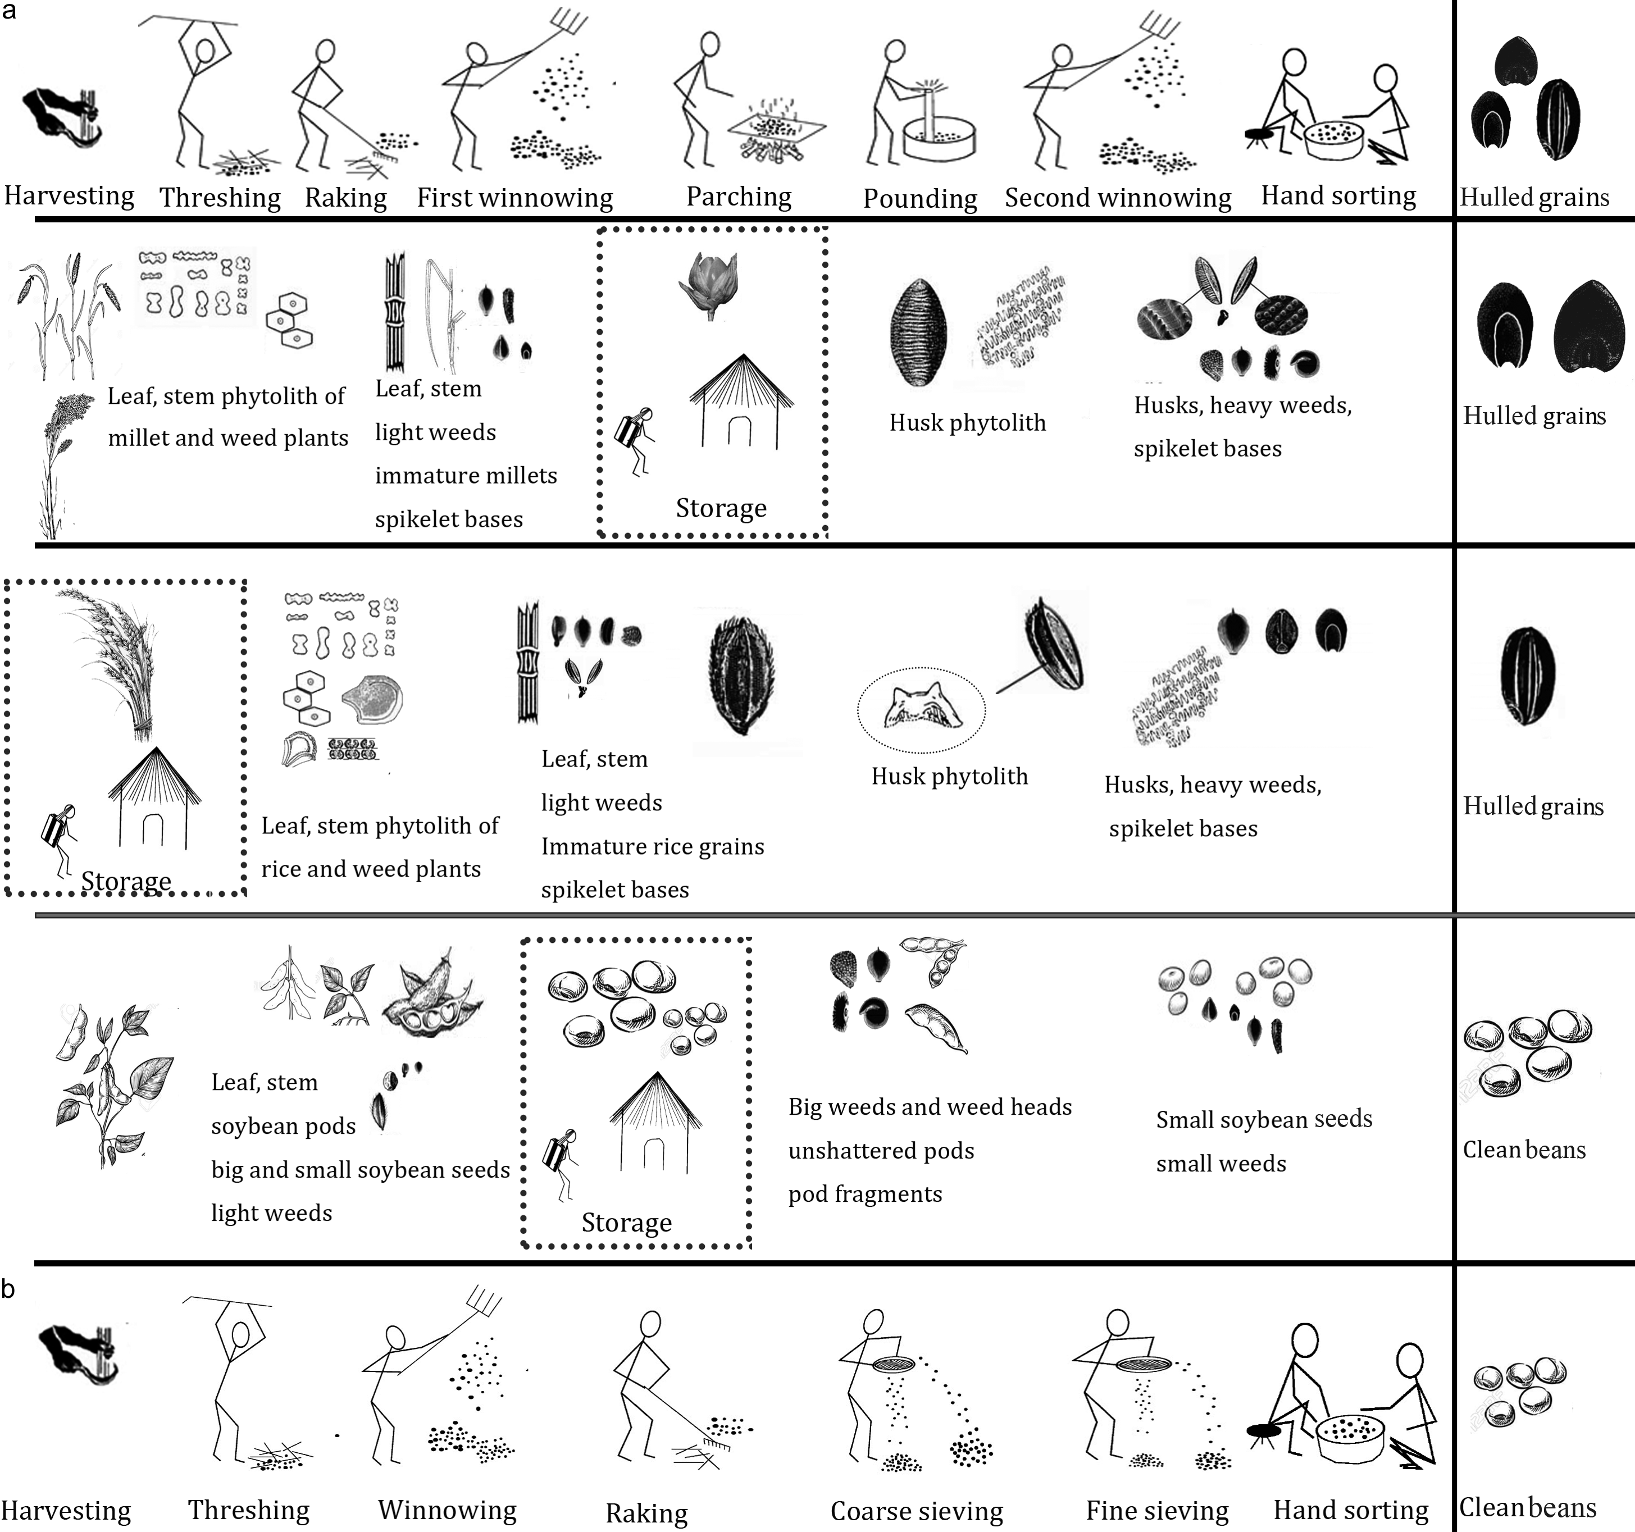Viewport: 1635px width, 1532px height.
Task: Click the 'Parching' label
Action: pyautogui.click(x=739, y=197)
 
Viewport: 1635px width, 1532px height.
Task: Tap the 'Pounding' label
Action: pyautogui.click(x=919, y=199)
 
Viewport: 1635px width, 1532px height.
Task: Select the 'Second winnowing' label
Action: pyautogui.click(x=1118, y=198)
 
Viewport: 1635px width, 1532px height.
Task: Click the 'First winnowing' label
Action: pyautogui.click(x=515, y=198)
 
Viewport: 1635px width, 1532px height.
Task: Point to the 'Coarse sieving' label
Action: pyautogui.click(x=916, y=1511)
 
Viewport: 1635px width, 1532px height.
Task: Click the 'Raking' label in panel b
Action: pyautogui.click(x=646, y=1513)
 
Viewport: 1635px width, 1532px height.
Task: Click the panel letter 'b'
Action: pyautogui.click(x=8, y=1289)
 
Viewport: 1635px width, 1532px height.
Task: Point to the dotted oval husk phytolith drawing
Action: pyautogui.click(x=921, y=709)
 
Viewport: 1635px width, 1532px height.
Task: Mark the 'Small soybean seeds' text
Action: pyautogui.click(x=1264, y=1119)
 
